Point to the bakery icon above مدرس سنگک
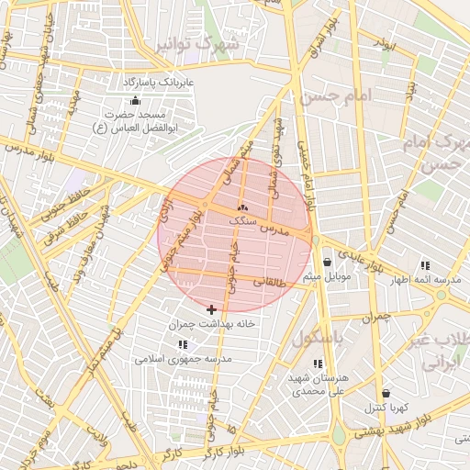tap(242, 207)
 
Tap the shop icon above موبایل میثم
tap(327, 263)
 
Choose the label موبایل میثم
tap(327, 276)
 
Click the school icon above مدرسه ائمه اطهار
tap(424, 264)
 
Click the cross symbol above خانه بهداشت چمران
tap(212, 310)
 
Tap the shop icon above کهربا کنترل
tap(386, 393)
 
